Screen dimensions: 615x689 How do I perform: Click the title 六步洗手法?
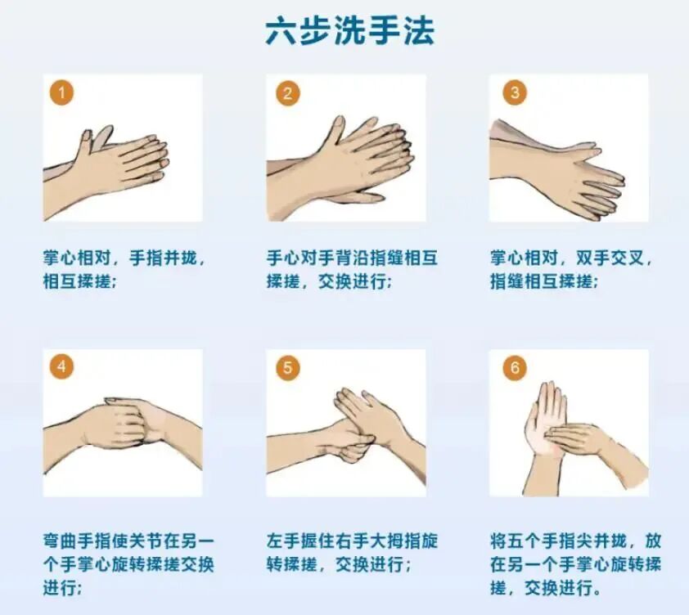(349, 31)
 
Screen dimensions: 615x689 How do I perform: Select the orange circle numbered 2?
(286, 93)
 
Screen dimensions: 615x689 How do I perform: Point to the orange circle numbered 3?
(514, 92)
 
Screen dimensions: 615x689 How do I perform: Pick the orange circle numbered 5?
(286, 367)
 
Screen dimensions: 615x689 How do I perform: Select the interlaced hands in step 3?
(573, 172)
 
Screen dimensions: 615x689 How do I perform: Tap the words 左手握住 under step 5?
(299, 541)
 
